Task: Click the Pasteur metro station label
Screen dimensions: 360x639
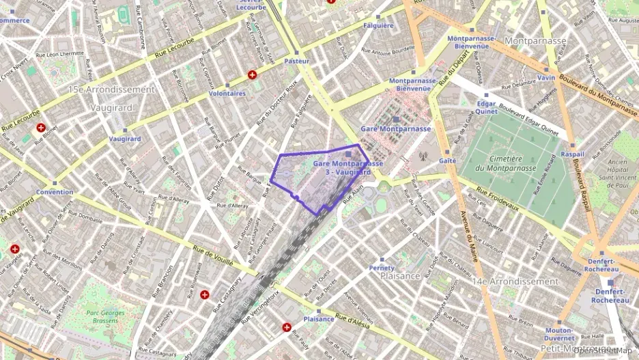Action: [296, 61]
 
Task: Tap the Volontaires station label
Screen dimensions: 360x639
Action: [227, 93]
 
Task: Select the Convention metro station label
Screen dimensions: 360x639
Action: [55, 192]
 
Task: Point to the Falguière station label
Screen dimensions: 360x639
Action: [379, 25]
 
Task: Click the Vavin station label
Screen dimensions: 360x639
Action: [545, 78]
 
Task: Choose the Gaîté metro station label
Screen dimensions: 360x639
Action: [448, 161]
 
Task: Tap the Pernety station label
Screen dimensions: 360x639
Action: [382, 268]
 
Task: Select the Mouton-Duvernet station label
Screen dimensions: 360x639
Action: [558, 334]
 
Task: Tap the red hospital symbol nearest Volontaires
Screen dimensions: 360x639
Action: [253, 74]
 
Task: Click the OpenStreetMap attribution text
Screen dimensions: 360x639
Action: [606, 350]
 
